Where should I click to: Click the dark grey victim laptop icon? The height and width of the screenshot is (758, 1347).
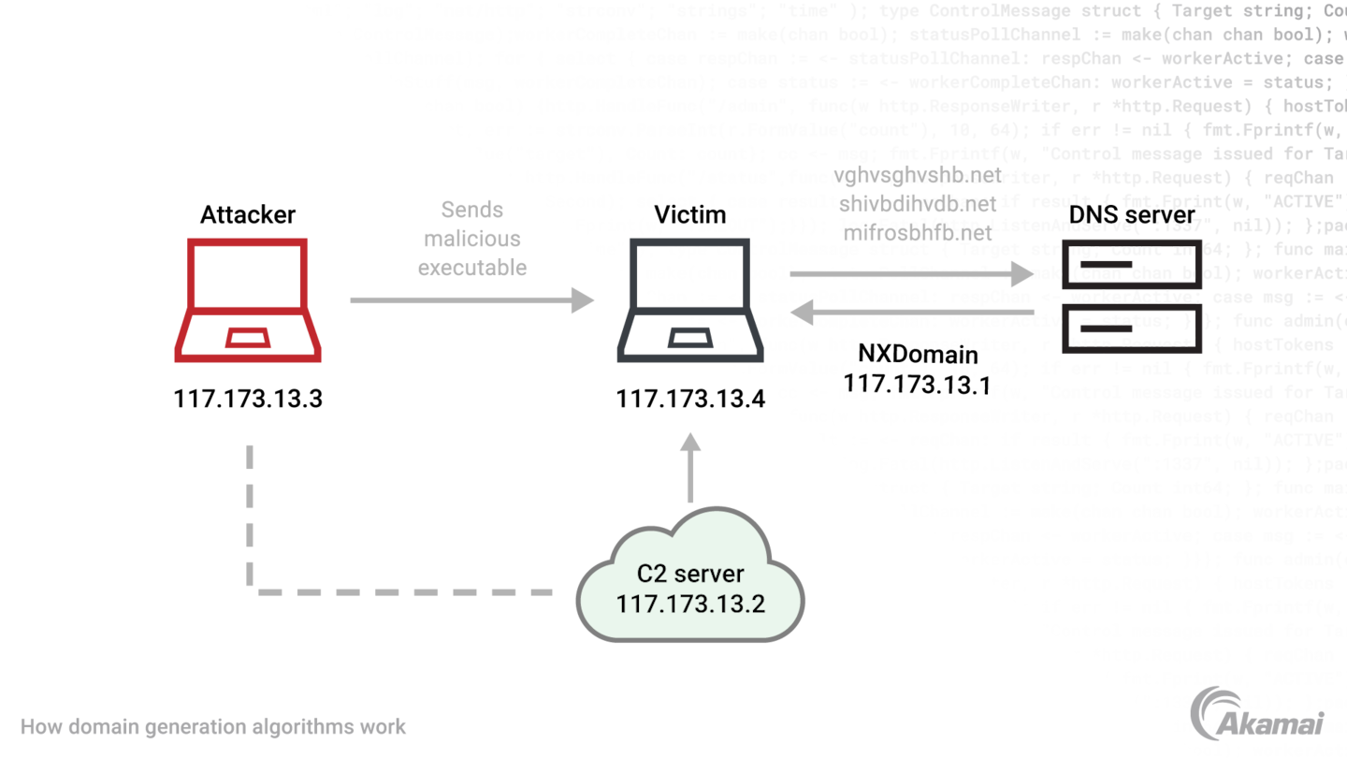coord(690,301)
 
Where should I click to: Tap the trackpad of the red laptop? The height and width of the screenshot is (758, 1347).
coord(247,339)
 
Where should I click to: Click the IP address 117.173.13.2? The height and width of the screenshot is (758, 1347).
coord(690,604)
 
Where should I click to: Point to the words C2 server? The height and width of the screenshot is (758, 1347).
coord(690,574)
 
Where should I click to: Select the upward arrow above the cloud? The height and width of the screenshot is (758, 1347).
coord(690,468)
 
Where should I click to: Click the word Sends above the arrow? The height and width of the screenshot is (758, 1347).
coord(472,210)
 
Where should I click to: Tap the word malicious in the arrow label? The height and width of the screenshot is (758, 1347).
coord(472,238)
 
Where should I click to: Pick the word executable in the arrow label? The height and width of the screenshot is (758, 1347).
coord(472,268)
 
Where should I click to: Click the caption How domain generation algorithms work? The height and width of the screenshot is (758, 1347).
coord(214,726)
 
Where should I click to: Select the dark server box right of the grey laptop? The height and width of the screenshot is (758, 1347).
coord(1133,296)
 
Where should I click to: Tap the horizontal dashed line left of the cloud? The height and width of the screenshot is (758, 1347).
coord(402,591)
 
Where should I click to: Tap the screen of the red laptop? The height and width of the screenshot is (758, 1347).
coord(247,277)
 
